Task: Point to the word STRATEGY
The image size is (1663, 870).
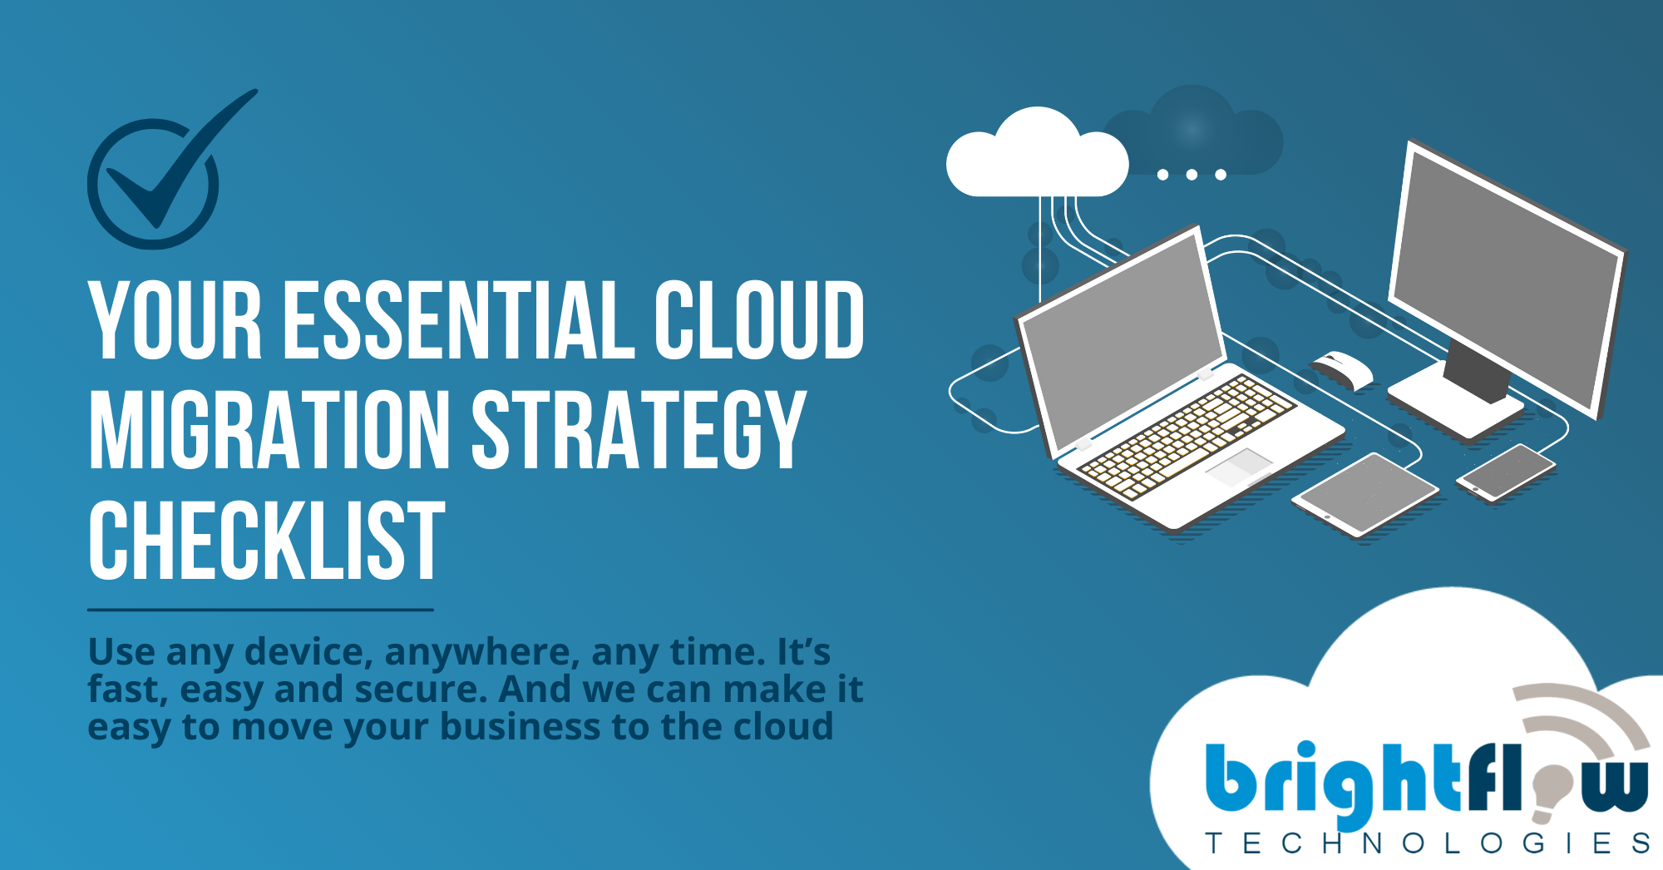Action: (639, 429)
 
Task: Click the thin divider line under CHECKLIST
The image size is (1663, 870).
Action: (260, 610)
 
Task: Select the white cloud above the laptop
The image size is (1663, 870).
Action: (1037, 156)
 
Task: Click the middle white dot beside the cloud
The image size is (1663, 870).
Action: (1192, 175)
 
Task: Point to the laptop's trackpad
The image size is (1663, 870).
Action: (1239, 467)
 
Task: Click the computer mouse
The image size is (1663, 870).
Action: (1342, 371)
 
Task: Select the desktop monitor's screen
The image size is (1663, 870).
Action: (1505, 279)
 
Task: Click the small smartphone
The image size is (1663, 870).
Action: (1505, 472)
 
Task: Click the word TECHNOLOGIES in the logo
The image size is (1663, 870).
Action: (1428, 843)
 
